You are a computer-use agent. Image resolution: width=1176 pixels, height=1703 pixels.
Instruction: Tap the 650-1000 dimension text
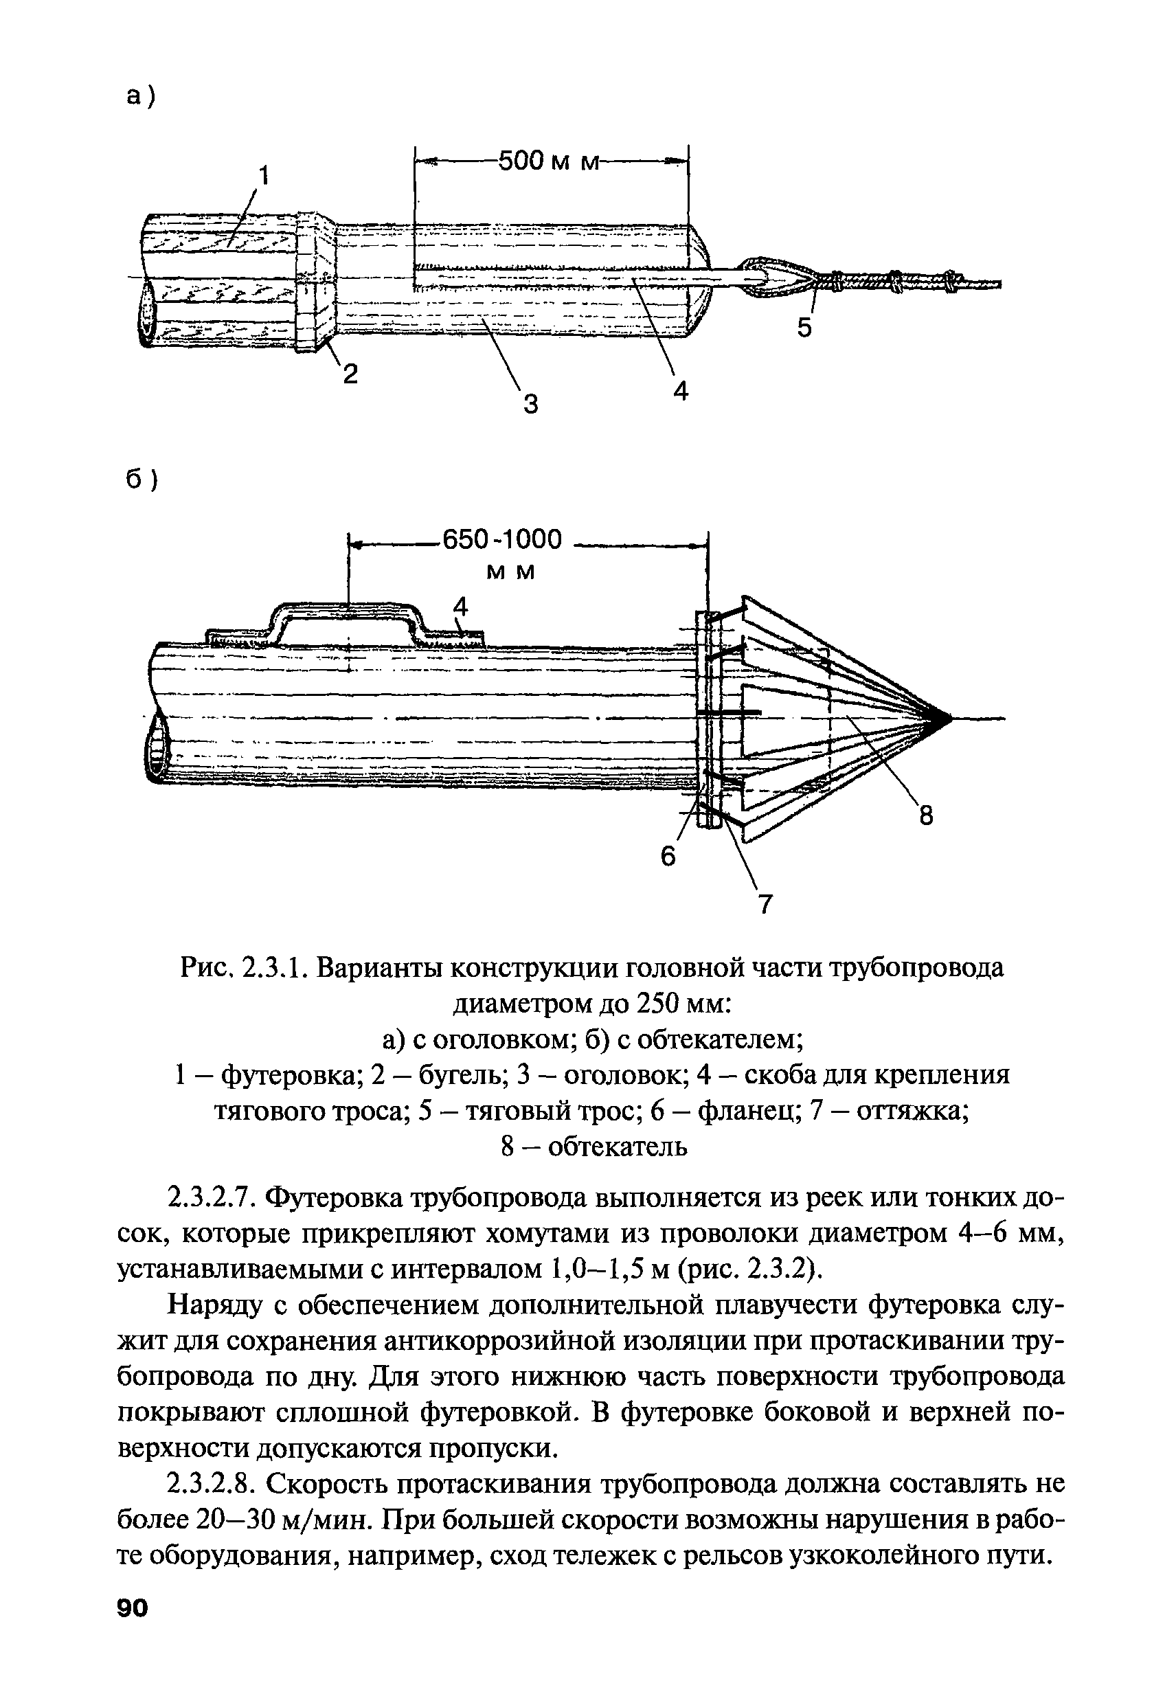click(500, 540)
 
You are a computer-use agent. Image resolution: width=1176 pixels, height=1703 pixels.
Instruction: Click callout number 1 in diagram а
click(263, 176)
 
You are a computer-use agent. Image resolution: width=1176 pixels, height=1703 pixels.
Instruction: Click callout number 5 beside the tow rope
click(804, 327)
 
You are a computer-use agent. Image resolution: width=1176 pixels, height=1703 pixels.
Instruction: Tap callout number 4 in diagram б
click(460, 607)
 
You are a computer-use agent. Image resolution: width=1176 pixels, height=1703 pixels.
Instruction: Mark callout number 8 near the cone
click(925, 817)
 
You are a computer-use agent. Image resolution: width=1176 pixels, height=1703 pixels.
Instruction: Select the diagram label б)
click(141, 480)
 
